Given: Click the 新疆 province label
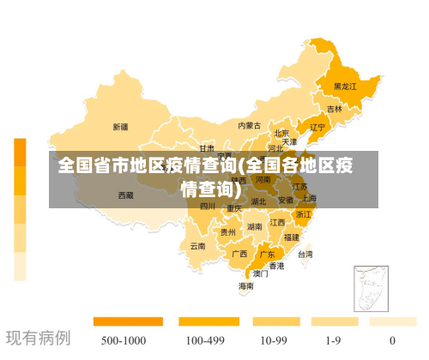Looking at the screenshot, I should pos(120,127).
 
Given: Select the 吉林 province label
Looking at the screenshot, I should pos(335,109).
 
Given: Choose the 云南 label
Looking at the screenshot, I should pos(198,246).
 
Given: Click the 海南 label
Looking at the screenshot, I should pos(246,286).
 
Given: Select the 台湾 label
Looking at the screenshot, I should pos(305,254).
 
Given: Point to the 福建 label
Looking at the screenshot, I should pos(292,237).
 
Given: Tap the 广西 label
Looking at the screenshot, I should pos(239,254).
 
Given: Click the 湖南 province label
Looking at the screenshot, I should pos(255,227).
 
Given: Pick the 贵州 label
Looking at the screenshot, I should pos(228,232).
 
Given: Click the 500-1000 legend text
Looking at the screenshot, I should pos(123,340).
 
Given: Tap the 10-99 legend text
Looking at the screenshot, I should pos(273,340).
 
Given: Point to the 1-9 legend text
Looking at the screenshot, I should pos(334,340).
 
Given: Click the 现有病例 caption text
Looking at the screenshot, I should pos(39,338).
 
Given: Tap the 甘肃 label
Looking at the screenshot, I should pos(207,148).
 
